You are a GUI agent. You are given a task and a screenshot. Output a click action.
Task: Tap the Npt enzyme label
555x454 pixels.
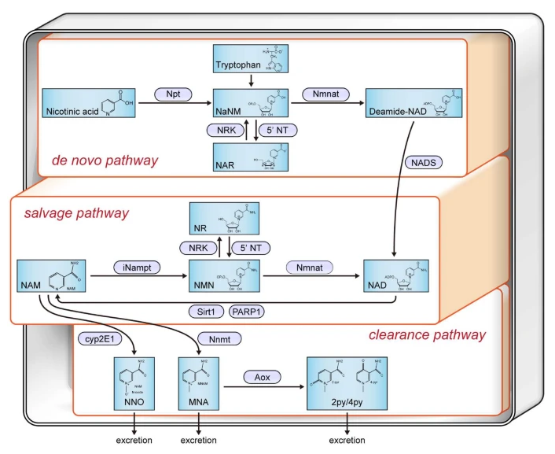pos(173,94)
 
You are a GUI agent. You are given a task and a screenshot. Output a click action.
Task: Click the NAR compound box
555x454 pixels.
pos(248,156)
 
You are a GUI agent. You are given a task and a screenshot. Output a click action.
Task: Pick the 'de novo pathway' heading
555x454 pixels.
pos(105,161)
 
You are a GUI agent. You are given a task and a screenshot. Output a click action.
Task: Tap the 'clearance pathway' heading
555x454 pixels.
pos(428,335)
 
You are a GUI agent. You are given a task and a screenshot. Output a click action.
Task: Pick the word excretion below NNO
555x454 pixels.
pos(131,440)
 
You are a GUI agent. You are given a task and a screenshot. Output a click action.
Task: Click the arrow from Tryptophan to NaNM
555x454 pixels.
pos(248,80)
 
